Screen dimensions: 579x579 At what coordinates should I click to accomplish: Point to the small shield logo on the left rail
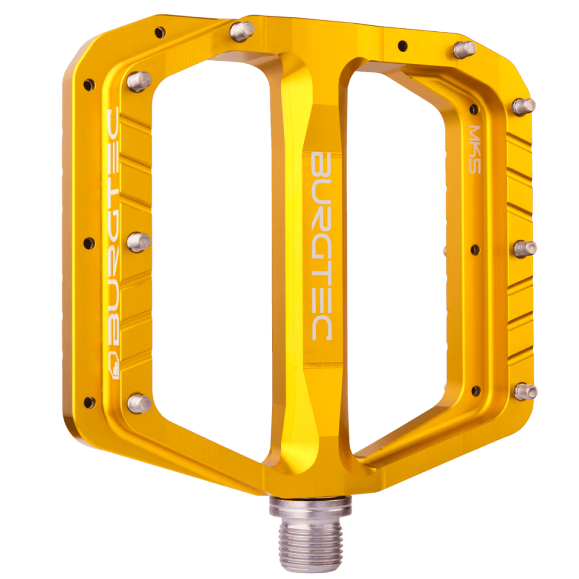113,364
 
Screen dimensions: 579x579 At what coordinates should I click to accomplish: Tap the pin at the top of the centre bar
241,31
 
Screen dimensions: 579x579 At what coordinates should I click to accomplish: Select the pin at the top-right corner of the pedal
464,49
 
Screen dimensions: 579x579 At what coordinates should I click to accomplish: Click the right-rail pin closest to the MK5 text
525,106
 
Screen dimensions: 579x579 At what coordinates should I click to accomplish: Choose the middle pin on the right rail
525,248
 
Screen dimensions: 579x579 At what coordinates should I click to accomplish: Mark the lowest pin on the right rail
526,391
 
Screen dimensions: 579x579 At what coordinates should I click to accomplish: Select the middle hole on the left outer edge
89,243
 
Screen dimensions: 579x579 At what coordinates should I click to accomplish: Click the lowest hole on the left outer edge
89,401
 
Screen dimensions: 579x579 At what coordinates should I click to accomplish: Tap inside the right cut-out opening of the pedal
400,261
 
